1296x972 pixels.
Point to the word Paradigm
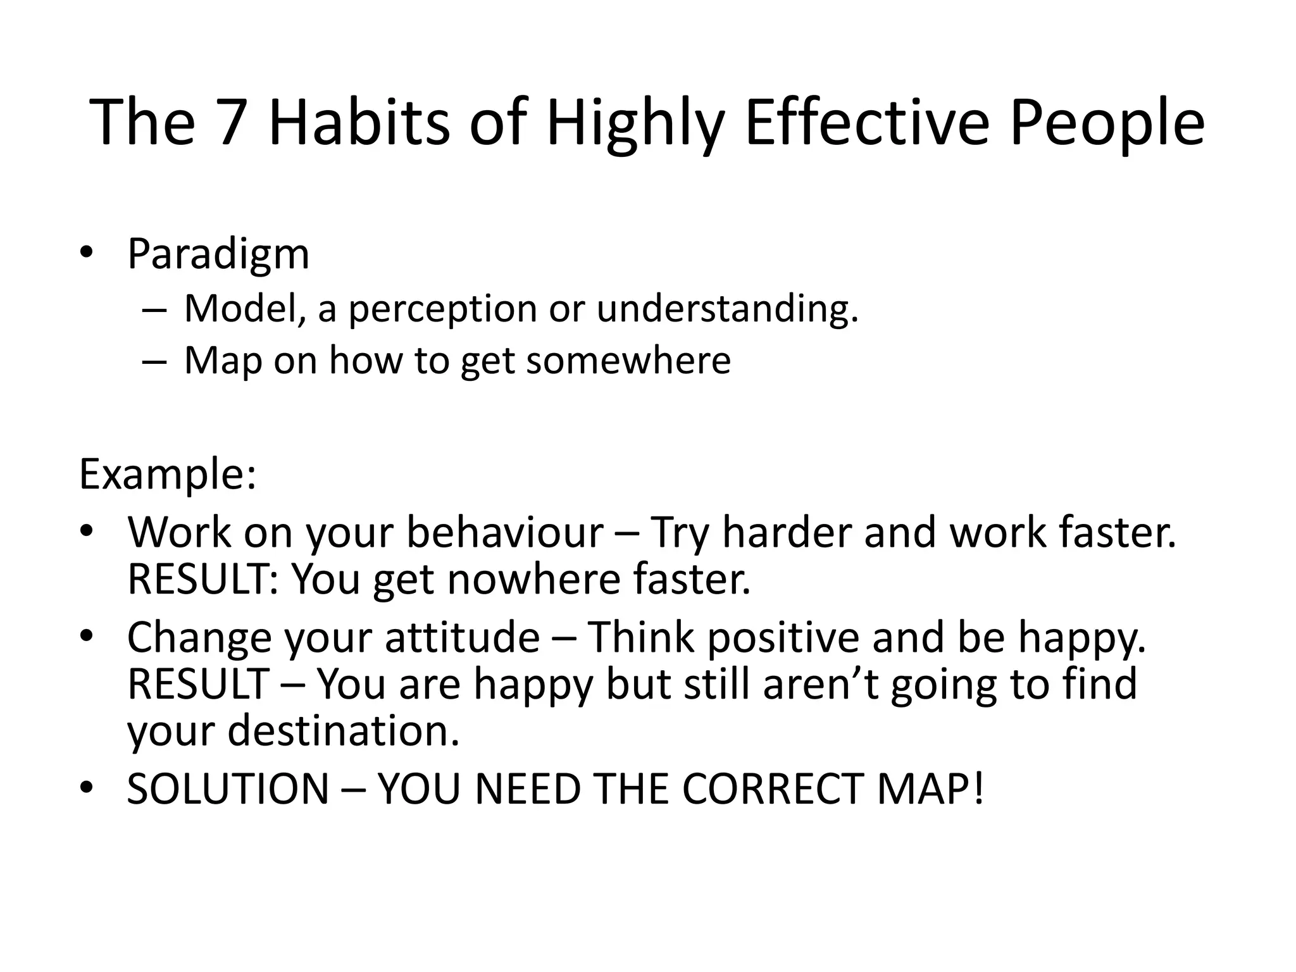point(218,255)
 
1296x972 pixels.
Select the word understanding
point(727,309)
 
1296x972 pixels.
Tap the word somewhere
point(628,361)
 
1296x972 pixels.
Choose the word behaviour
point(504,533)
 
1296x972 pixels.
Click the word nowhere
point(533,580)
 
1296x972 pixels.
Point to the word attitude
point(462,637)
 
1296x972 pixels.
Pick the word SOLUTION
point(228,789)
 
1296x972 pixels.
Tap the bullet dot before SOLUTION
point(87,788)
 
